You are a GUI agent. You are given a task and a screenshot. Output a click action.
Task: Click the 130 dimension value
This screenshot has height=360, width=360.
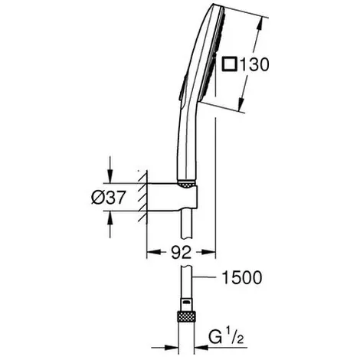click(x=254, y=64)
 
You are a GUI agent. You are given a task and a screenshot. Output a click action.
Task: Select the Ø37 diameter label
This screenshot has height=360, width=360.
click(x=109, y=197)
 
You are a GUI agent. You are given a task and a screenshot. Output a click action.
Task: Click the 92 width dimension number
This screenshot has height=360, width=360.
click(x=181, y=253)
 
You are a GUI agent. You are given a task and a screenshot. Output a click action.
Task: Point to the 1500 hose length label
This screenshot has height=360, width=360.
click(x=242, y=277)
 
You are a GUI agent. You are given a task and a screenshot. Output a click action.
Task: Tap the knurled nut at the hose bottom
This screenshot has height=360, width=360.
click(x=186, y=317)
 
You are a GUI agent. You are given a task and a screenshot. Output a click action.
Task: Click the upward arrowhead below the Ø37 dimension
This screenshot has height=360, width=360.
click(x=110, y=218)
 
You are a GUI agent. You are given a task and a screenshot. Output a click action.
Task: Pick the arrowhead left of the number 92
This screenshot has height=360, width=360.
click(x=154, y=252)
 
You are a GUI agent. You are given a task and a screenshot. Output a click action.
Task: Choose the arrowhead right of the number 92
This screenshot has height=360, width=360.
click(x=208, y=252)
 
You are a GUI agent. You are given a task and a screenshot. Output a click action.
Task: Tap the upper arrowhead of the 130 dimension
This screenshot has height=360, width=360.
click(x=260, y=25)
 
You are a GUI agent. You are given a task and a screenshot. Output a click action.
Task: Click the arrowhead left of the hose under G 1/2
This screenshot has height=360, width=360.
click(x=171, y=348)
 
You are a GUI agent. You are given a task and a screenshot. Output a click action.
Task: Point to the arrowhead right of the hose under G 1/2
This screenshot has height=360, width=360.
click(x=201, y=348)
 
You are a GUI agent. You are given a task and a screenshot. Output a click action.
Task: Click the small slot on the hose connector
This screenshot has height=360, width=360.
click(x=187, y=303)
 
